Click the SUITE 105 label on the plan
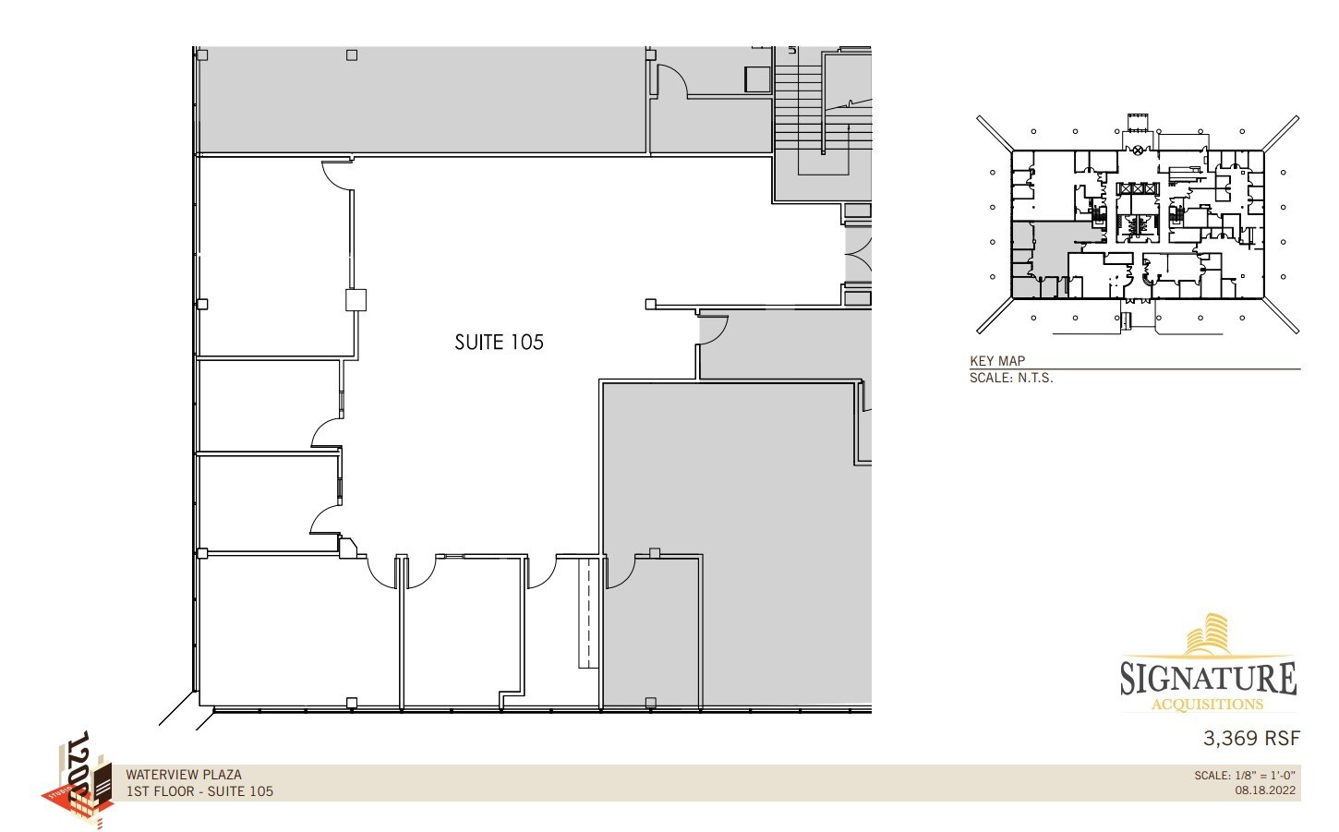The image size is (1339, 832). pos(499,343)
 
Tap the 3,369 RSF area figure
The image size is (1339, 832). pos(1250,739)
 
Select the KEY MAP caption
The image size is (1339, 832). pos(997,361)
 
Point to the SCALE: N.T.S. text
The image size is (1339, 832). pos(1011,378)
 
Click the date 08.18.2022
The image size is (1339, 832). pos(1265,790)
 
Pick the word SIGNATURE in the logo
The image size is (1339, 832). pos(1208,679)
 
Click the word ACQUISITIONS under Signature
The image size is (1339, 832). pos(1208,705)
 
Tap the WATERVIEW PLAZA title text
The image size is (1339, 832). pos(184,775)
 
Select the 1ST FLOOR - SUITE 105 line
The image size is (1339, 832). pos(199,791)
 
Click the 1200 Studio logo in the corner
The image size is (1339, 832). pos(79,780)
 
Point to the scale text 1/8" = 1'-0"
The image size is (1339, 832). pos(1246,776)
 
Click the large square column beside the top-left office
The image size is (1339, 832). pos(356,300)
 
